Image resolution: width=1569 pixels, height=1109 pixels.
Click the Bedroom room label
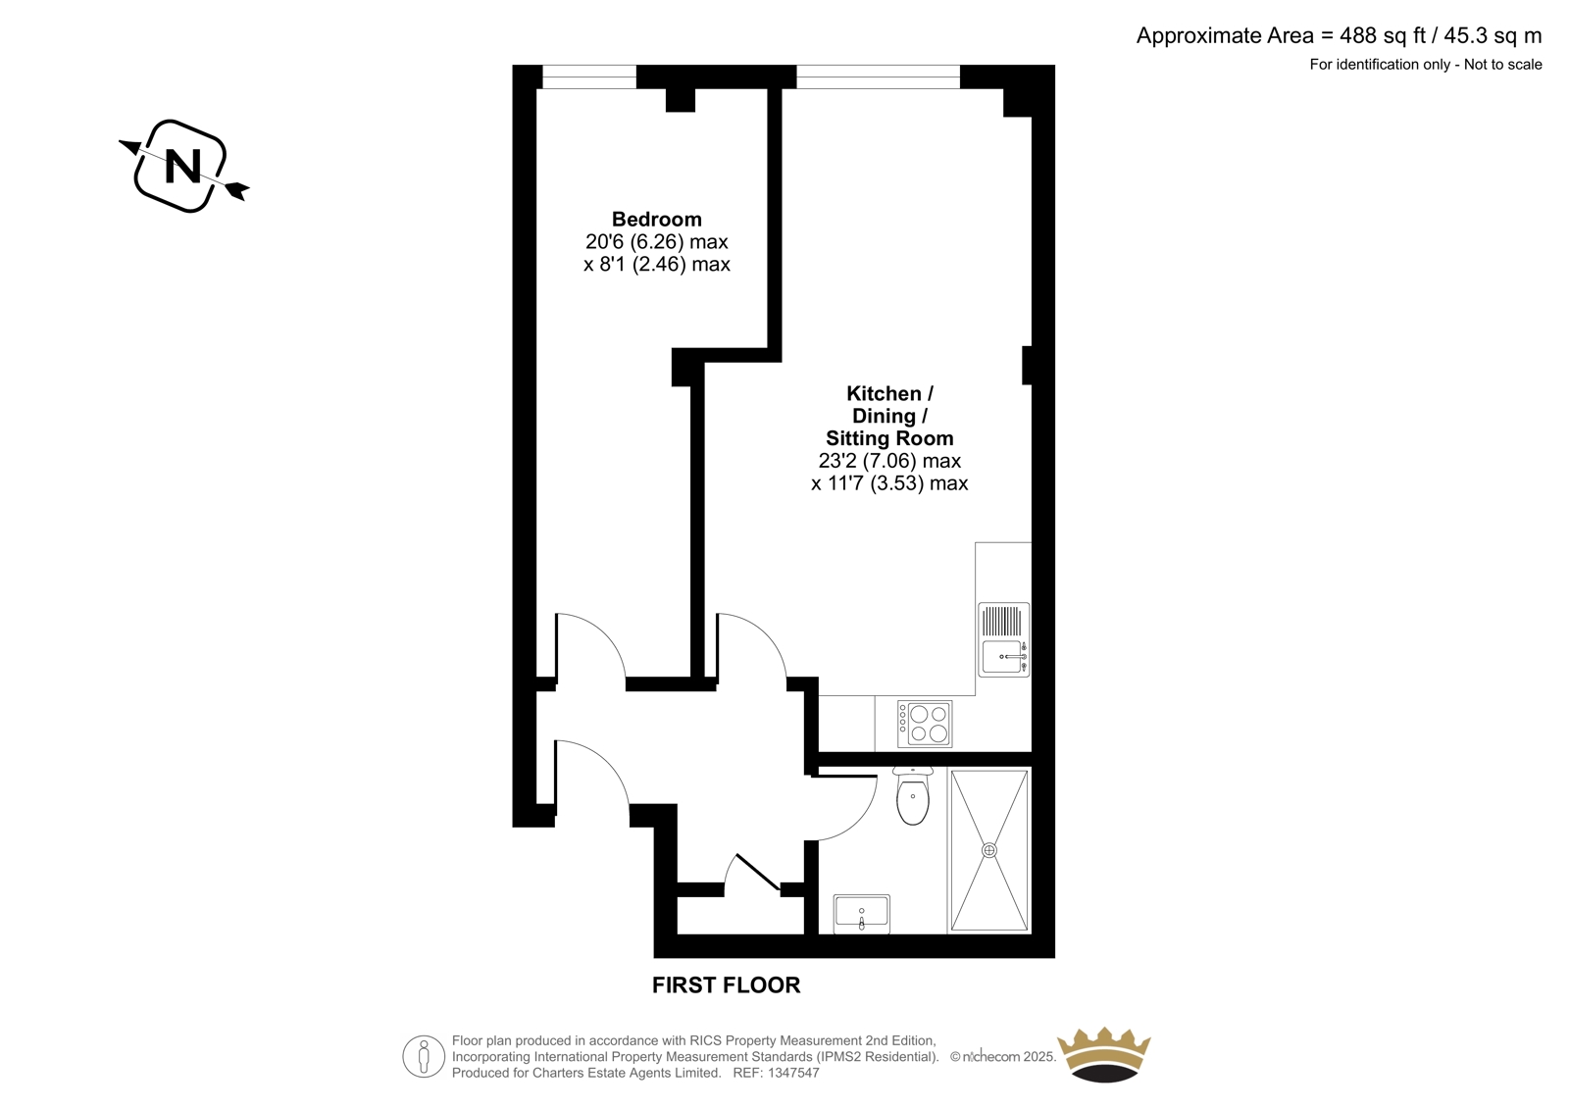656,220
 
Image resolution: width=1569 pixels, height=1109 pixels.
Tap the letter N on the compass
182,167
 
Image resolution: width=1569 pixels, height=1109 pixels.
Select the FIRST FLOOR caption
726,985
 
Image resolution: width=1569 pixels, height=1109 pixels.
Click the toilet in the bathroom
913,796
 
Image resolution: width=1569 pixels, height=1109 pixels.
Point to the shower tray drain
989,850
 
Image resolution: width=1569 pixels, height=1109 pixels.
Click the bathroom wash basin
862,914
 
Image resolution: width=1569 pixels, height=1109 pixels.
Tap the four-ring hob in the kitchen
925,725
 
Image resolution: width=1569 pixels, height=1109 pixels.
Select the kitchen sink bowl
1003,657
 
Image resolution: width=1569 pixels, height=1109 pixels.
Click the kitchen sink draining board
1001,622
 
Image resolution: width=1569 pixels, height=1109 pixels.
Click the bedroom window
589,77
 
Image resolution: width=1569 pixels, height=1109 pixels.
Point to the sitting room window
879,77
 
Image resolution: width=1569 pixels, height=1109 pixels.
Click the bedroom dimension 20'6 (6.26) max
656,241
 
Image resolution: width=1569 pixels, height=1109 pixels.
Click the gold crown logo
1104,1055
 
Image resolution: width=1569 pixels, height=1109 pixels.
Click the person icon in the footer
423,1056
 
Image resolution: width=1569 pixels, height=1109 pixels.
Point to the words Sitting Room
889,438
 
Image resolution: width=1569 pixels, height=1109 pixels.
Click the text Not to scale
1503,65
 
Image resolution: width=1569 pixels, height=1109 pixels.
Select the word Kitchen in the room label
884,394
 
